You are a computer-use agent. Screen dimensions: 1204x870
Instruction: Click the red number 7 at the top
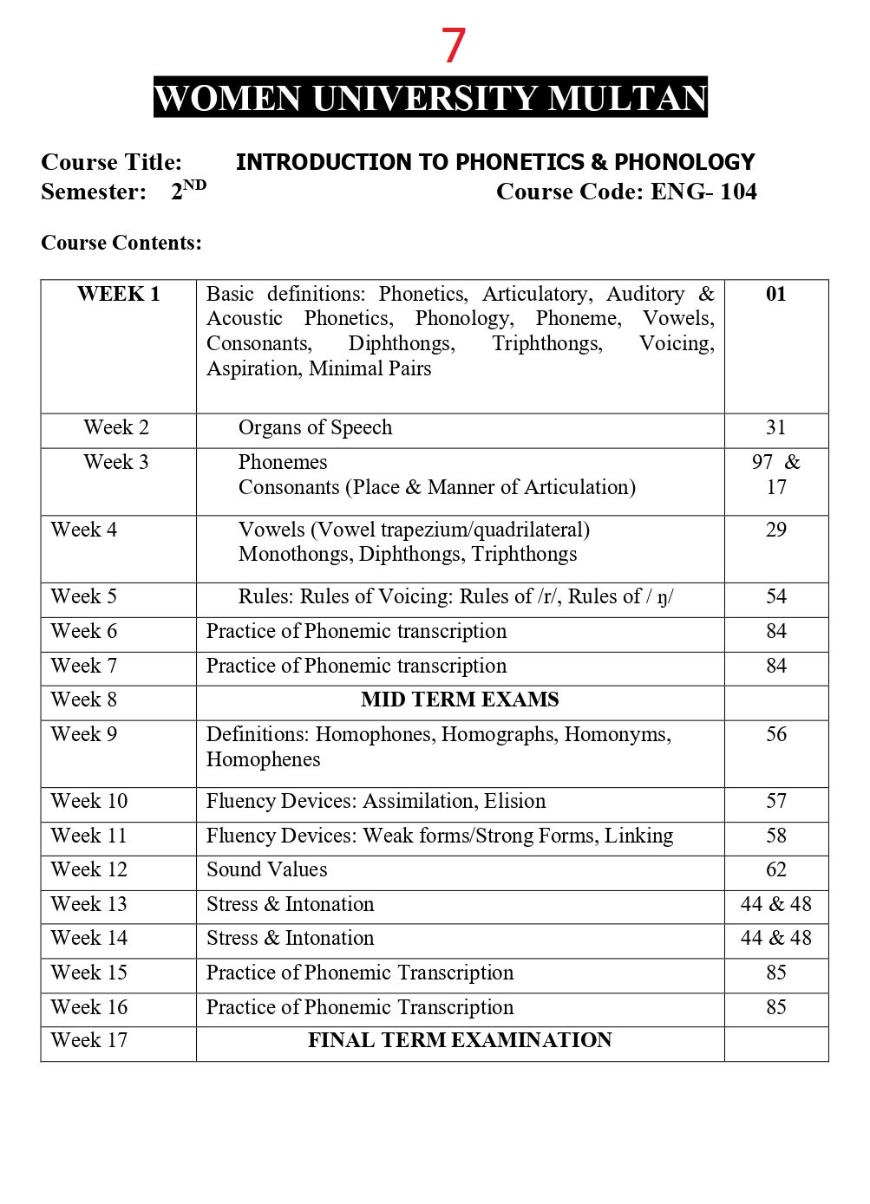454,46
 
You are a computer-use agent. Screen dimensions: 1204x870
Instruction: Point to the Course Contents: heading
121,243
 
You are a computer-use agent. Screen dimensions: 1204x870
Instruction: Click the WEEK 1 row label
118,294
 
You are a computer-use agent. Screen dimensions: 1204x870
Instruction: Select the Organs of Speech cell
315,427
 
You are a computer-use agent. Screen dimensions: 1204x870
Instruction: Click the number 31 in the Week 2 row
775,427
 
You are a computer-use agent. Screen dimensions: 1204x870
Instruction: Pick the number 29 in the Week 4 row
775,530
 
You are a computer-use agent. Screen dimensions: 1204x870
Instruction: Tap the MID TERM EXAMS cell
460,700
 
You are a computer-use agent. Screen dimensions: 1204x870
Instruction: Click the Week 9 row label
84,734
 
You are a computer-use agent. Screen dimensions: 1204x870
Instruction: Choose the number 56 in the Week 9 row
775,734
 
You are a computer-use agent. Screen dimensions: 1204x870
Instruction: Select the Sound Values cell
267,869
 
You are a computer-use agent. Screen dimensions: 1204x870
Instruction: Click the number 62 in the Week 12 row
775,869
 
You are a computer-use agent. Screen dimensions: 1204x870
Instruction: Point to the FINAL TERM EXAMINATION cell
460,1040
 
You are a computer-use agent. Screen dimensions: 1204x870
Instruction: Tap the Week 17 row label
89,1040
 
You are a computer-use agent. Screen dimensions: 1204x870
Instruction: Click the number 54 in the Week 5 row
775,596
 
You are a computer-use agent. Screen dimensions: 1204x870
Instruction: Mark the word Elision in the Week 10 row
515,801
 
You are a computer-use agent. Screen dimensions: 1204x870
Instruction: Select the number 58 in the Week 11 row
775,836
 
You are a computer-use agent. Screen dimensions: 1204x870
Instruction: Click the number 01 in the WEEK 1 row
775,294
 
